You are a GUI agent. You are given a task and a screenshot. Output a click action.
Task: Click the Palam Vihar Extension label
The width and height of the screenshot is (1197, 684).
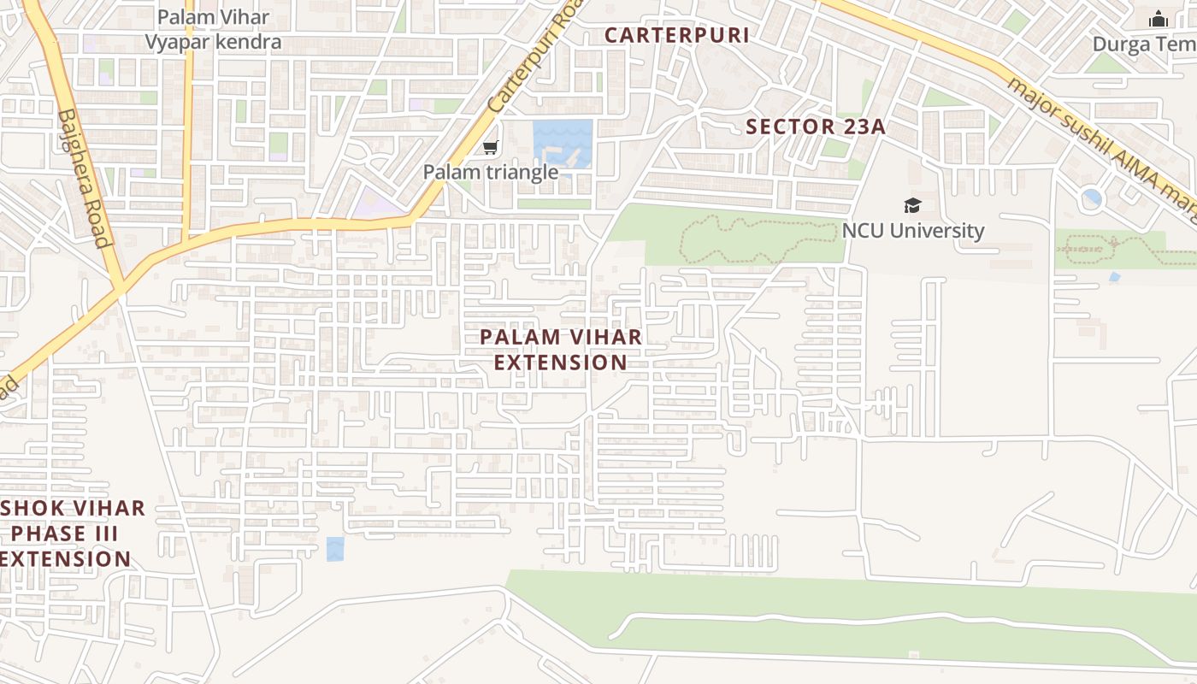coord(561,350)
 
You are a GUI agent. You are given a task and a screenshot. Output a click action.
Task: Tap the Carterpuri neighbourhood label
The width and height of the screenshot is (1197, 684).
coord(676,35)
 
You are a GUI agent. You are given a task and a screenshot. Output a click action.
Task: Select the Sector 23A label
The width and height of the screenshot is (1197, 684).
coord(815,127)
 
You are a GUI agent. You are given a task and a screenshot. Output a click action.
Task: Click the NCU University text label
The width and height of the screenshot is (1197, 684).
coord(913,231)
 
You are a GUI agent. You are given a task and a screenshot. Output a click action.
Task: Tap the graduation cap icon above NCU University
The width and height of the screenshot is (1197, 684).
coord(912,205)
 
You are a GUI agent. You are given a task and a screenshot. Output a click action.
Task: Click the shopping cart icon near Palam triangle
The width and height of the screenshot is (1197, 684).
coord(490,148)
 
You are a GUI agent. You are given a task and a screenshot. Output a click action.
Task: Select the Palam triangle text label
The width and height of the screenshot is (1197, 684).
coord(491,172)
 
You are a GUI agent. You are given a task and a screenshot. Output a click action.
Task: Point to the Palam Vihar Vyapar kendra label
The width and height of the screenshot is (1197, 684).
coord(213,29)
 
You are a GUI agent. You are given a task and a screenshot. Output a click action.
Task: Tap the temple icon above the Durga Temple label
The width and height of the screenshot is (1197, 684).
coord(1159,18)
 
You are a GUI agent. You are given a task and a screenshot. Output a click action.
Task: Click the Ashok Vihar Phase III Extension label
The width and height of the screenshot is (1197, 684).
coord(68,534)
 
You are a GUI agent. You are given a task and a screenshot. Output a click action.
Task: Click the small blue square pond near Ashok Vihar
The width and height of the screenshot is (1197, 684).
coord(335,549)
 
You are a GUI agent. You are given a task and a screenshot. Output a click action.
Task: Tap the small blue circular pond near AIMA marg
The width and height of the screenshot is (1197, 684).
coord(1092,198)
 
